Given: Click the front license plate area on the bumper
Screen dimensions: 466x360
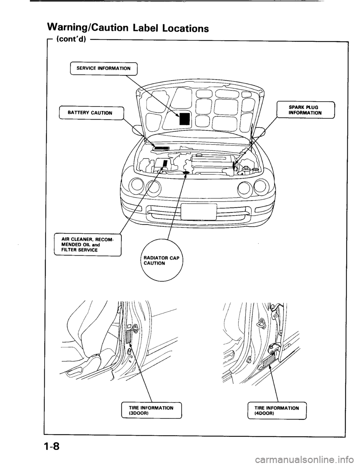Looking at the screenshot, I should coord(198,212).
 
